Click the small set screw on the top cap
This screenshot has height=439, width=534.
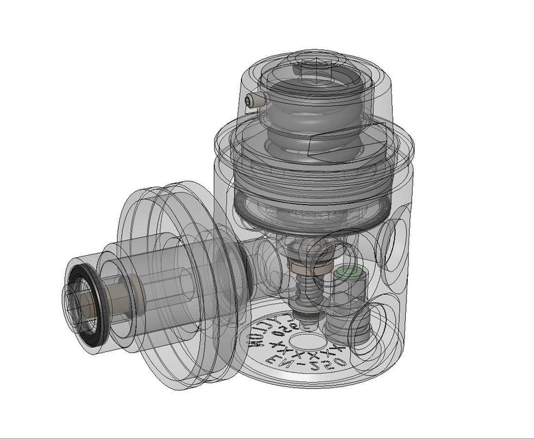(256, 101)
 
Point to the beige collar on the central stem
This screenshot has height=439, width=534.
(302, 267)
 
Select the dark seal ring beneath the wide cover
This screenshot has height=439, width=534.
(312, 206)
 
